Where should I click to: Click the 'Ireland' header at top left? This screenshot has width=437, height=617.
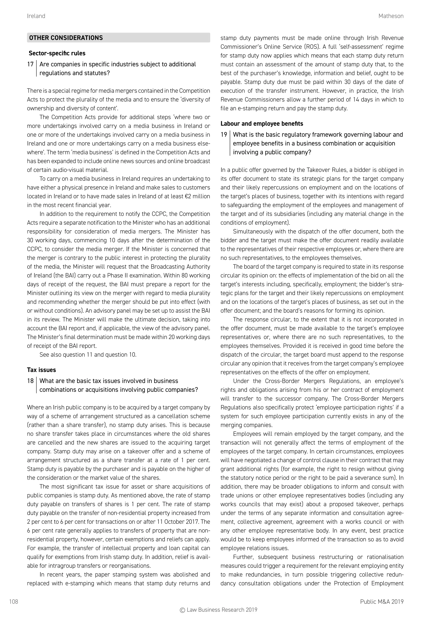pos(36,16)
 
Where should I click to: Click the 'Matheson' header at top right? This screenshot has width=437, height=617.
pos(391,16)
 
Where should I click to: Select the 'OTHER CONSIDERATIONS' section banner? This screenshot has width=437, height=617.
pos(118,38)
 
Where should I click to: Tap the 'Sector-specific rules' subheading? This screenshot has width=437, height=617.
pos(57,53)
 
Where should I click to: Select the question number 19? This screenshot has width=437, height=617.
pos(224,135)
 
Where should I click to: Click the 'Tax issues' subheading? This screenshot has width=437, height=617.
pos(41,370)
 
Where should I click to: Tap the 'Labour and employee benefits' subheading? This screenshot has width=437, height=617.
pos(262,124)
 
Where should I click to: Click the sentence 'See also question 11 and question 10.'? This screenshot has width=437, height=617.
pos(88,355)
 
